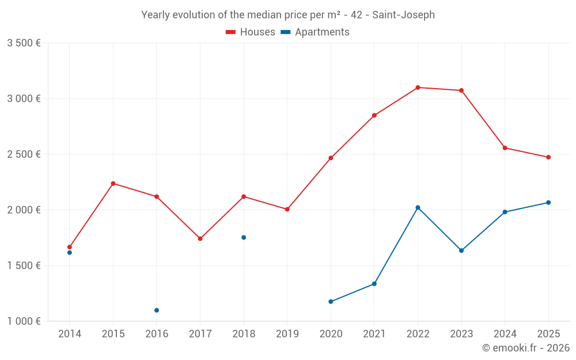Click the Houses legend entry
click(x=251, y=32)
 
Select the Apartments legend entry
click(x=315, y=32)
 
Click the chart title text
click(x=288, y=15)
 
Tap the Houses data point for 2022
click(x=418, y=88)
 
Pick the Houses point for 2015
click(x=113, y=183)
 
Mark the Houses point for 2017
click(x=200, y=238)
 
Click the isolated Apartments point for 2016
click(x=157, y=310)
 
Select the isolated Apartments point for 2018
click(x=244, y=237)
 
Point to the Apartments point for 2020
click(x=331, y=302)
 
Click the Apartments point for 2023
click(x=461, y=251)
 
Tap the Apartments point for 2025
click(x=548, y=202)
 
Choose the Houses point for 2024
click(x=505, y=148)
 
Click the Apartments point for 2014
click(x=70, y=253)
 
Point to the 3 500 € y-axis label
click(x=24, y=43)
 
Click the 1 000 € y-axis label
click(x=24, y=321)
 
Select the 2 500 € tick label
click(x=24, y=154)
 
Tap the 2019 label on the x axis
click(x=287, y=334)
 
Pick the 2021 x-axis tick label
click(x=374, y=334)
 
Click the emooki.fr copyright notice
click(x=525, y=348)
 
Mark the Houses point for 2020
click(x=331, y=158)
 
